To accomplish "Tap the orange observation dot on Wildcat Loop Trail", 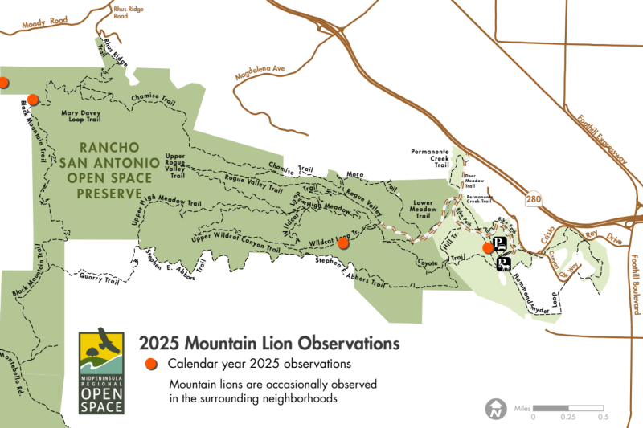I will coord(343,243).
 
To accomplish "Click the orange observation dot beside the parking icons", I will coord(488,248).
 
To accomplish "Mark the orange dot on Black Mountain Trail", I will coord(33,100).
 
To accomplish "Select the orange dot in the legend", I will coord(150,365).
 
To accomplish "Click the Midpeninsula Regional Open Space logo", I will coord(102,371).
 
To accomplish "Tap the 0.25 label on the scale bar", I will coord(567,417).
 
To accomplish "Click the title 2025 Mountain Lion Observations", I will coord(269,344).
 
